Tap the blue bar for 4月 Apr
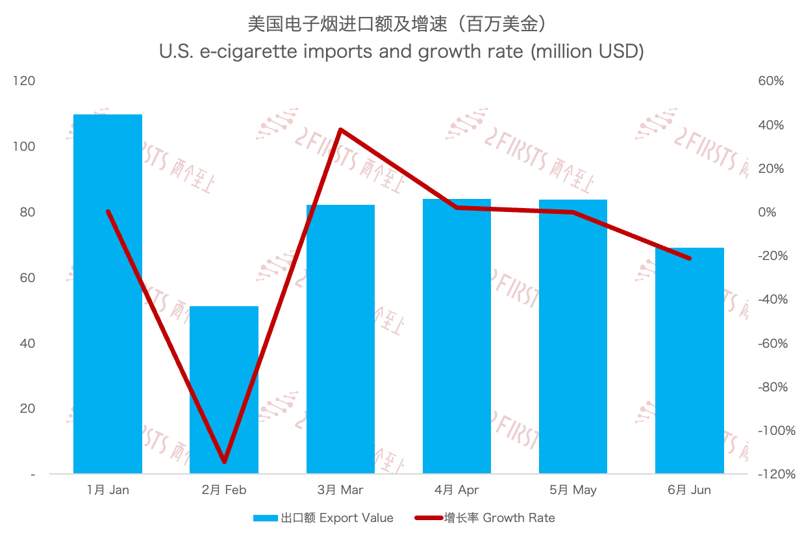(457, 338)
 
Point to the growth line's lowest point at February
(225, 462)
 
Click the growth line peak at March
(341, 129)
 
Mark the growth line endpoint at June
(689, 258)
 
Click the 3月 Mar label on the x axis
(341, 490)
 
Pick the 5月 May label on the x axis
(573, 490)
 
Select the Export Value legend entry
(323, 518)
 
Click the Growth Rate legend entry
(485, 518)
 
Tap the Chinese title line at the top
(401, 25)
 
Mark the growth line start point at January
(108, 212)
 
